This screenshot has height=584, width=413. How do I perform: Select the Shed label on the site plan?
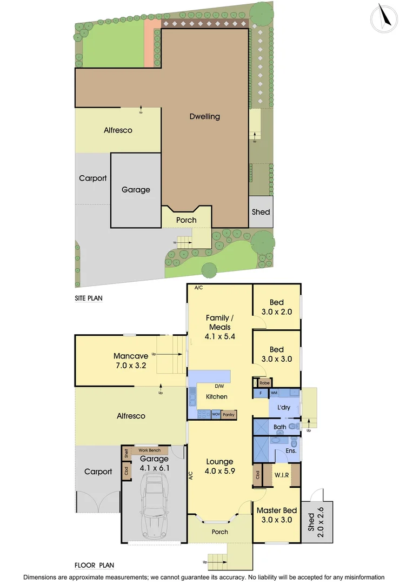[x=261, y=212]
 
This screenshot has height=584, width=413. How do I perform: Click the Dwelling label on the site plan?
[x=205, y=116]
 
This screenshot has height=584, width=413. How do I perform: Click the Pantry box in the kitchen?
[x=229, y=414]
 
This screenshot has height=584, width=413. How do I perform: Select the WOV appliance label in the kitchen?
[x=216, y=414]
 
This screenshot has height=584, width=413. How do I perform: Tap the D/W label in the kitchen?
[x=219, y=386]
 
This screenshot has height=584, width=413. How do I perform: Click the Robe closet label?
[x=264, y=383]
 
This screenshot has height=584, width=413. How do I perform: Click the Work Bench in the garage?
[x=149, y=450]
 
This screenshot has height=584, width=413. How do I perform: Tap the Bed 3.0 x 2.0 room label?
[x=277, y=307]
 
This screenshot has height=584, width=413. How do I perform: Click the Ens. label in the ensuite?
[x=291, y=450]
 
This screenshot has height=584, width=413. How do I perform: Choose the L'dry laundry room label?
[x=284, y=407]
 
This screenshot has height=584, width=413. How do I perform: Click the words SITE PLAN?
[x=89, y=298]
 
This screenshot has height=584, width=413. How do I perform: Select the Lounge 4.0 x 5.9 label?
[x=220, y=467]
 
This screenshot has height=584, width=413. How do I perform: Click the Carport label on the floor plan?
[x=98, y=472]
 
